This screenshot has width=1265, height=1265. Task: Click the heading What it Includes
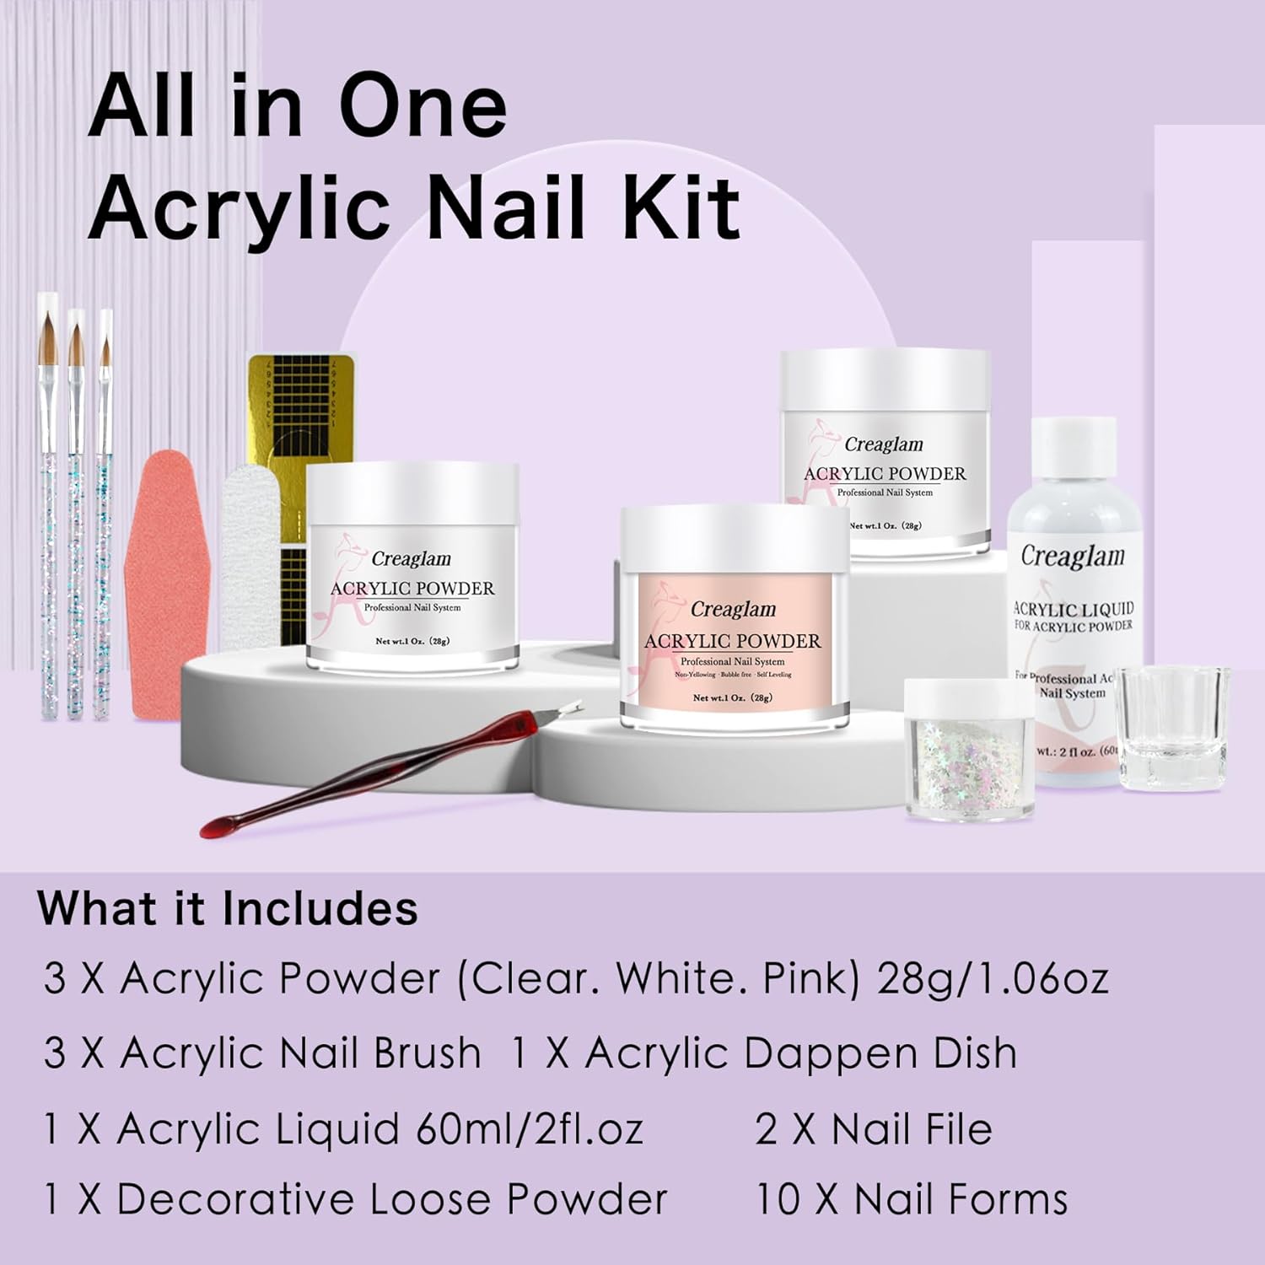(x=227, y=908)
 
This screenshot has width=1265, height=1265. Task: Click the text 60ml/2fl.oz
(x=530, y=1128)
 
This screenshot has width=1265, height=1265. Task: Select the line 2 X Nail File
(x=873, y=1128)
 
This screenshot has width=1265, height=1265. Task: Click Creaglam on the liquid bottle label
(x=1073, y=556)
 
